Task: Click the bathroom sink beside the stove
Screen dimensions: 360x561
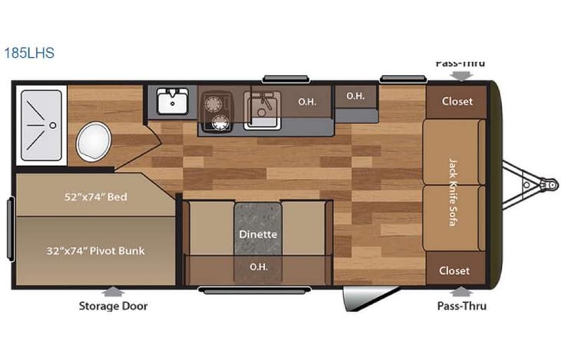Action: click(x=173, y=101)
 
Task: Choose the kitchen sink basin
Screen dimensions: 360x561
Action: click(x=262, y=108)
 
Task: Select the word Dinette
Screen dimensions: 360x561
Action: click(x=257, y=233)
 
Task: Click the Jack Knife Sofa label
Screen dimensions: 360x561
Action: click(x=454, y=185)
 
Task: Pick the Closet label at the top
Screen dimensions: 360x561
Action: click(x=457, y=101)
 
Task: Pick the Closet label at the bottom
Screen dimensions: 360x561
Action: click(x=454, y=270)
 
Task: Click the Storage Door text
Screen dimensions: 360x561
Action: click(x=113, y=306)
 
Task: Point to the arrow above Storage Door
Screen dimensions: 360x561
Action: click(x=113, y=291)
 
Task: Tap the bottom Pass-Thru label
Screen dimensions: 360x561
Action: click(x=460, y=306)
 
